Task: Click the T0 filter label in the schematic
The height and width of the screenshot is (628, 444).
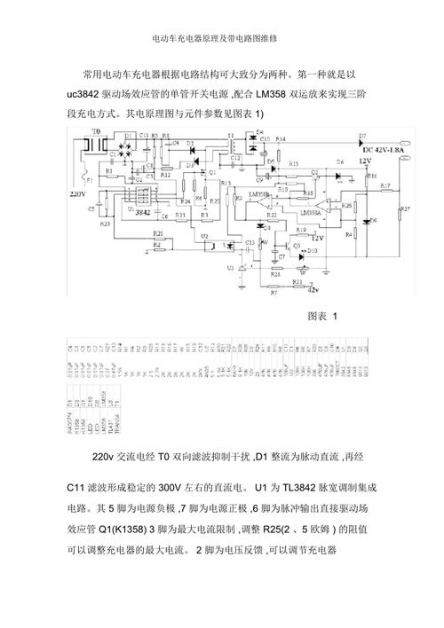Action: (97, 130)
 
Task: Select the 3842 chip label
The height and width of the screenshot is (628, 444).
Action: (141, 212)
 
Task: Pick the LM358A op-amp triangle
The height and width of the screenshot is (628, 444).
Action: (312, 203)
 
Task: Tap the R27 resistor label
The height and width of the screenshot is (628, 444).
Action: (405, 208)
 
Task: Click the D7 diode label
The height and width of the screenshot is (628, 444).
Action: (362, 135)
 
